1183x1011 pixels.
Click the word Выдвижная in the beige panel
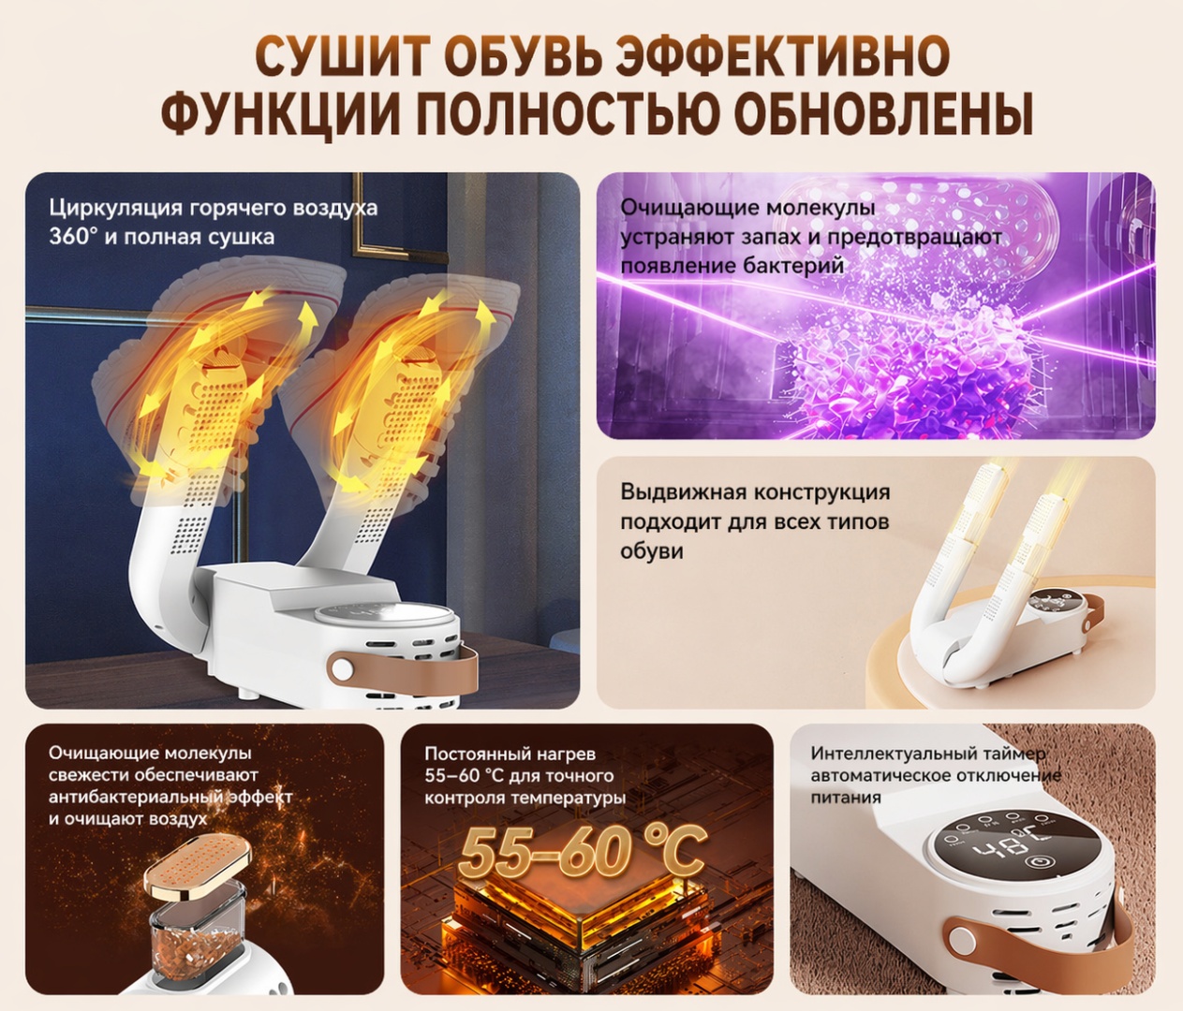tap(682, 493)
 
